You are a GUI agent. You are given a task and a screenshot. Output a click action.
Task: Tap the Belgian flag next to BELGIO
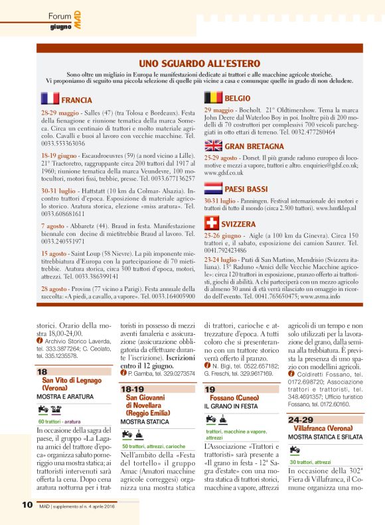coord(213,97)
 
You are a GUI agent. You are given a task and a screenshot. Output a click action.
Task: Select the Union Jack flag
coord(213,146)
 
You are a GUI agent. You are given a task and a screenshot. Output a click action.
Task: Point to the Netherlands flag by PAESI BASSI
coord(213,188)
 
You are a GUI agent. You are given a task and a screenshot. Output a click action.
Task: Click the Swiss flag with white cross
coord(213,223)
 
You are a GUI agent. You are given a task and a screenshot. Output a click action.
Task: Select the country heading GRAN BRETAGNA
coord(255,146)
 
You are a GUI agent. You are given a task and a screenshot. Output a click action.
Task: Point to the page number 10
coord(27,504)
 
